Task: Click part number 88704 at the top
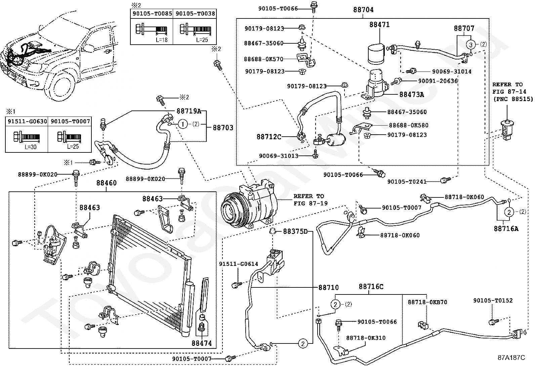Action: pyautogui.click(x=363, y=10)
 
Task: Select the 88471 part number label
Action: pyautogui.click(x=379, y=25)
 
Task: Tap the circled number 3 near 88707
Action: pyautogui.click(x=471, y=45)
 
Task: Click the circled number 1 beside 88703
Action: pyautogui.click(x=183, y=124)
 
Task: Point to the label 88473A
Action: pyautogui.click(x=412, y=95)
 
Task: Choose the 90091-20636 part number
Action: pyautogui.click(x=438, y=81)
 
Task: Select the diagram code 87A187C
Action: pyautogui.click(x=511, y=358)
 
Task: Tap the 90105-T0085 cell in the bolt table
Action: pyautogui.click(x=152, y=14)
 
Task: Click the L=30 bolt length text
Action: pyautogui.click(x=31, y=147)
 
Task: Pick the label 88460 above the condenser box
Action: pyautogui.click(x=107, y=183)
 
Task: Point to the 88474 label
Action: pyautogui.click(x=202, y=343)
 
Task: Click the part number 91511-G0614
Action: pyautogui.click(x=239, y=264)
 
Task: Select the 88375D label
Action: pyautogui.click(x=295, y=231)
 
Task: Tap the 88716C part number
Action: pyautogui.click(x=371, y=286)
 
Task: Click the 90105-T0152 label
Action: pyautogui.click(x=493, y=301)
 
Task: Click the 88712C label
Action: pyautogui.click(x=269, y=137)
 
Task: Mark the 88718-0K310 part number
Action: pyautogui.click(x=366, y=338)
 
